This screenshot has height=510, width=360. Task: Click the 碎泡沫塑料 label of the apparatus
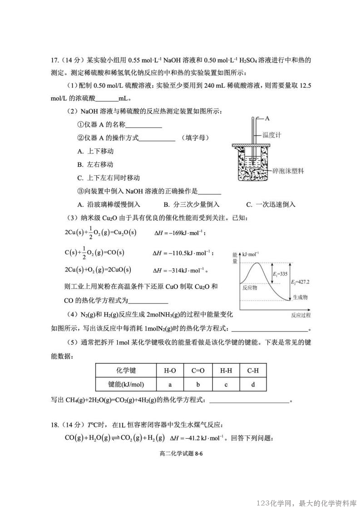(288, 171)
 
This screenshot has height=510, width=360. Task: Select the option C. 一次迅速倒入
(271, 204)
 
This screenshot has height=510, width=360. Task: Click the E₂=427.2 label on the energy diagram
(301, 282)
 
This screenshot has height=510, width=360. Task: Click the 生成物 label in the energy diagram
(300, 297)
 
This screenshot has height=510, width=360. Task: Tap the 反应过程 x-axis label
(300, 315)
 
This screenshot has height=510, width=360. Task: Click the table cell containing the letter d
(253, 384)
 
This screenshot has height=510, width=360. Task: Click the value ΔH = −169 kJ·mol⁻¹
(180, 233)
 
